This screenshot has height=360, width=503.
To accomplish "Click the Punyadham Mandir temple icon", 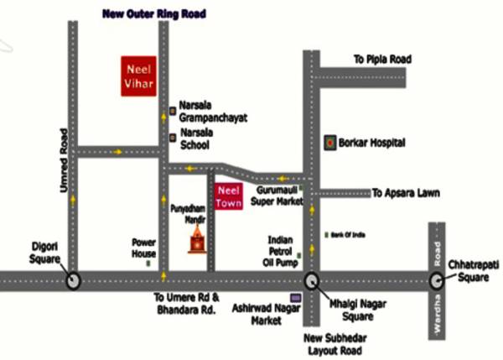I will coord(196,238).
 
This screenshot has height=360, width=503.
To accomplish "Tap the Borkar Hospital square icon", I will coord(330,143).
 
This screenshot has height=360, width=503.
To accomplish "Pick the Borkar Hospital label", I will coord(372,143).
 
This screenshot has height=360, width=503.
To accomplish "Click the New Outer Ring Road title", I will coord(153,14).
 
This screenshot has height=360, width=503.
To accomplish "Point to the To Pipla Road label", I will coord(386,60).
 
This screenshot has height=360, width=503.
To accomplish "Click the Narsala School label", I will coord(199,138).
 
